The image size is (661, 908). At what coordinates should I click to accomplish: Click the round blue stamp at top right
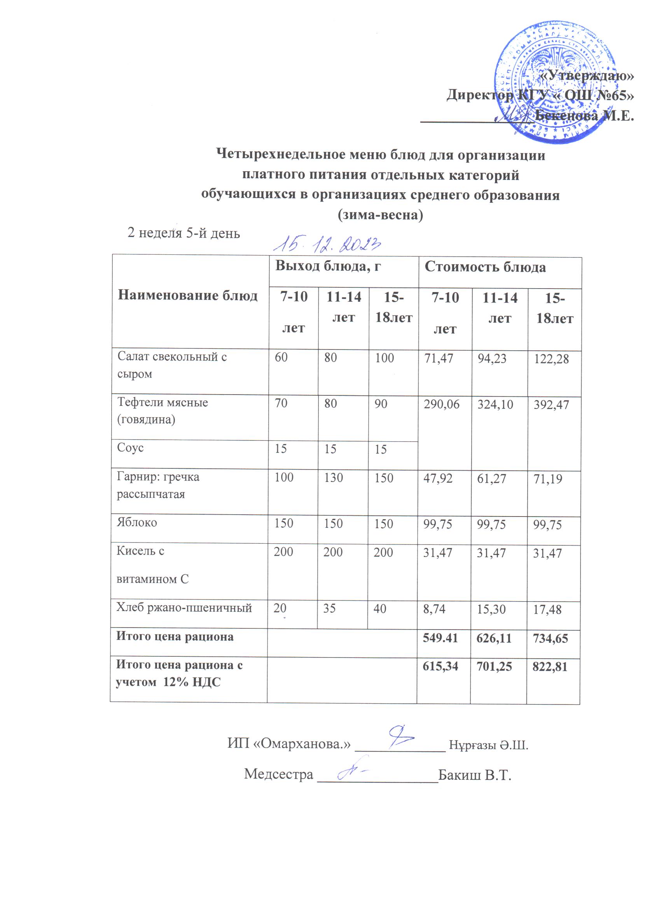556,82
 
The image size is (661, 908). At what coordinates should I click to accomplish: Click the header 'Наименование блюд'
187,296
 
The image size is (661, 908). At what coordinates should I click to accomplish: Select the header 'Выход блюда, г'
327,266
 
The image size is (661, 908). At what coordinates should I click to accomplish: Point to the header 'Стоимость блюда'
485,267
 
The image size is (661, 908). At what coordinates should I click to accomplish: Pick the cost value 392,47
551,405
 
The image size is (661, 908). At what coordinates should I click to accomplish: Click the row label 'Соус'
130,448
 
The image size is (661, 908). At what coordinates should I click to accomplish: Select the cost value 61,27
491,478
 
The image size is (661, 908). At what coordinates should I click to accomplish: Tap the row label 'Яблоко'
137,522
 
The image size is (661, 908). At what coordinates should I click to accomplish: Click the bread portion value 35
329,609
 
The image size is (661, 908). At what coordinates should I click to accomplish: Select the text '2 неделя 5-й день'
184,233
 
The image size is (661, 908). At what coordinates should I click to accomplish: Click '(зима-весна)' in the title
380,215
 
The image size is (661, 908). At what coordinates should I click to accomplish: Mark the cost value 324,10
495,404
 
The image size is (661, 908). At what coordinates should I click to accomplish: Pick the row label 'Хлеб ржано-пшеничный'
184,608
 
